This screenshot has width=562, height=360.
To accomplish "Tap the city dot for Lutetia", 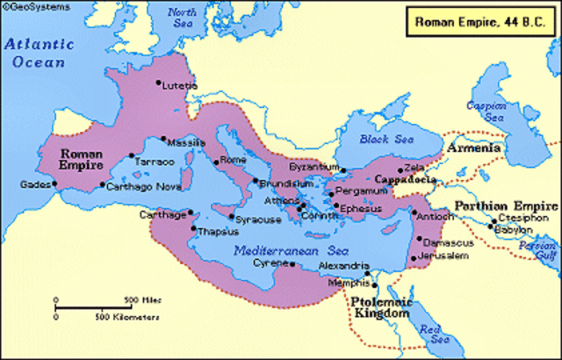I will pos(159,83).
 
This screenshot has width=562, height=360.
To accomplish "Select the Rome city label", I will pos(234,160).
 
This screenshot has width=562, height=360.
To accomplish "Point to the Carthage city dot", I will pos(191,213).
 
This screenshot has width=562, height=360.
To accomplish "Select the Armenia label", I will pos(474,148).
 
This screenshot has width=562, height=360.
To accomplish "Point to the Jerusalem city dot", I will pos(414,258).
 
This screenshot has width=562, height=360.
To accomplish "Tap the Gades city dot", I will pos(54,184).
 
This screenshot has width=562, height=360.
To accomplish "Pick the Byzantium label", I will pos(313,165).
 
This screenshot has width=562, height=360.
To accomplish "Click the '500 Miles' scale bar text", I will pos(140,299).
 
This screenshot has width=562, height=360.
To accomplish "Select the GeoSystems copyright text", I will pos(27,6).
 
